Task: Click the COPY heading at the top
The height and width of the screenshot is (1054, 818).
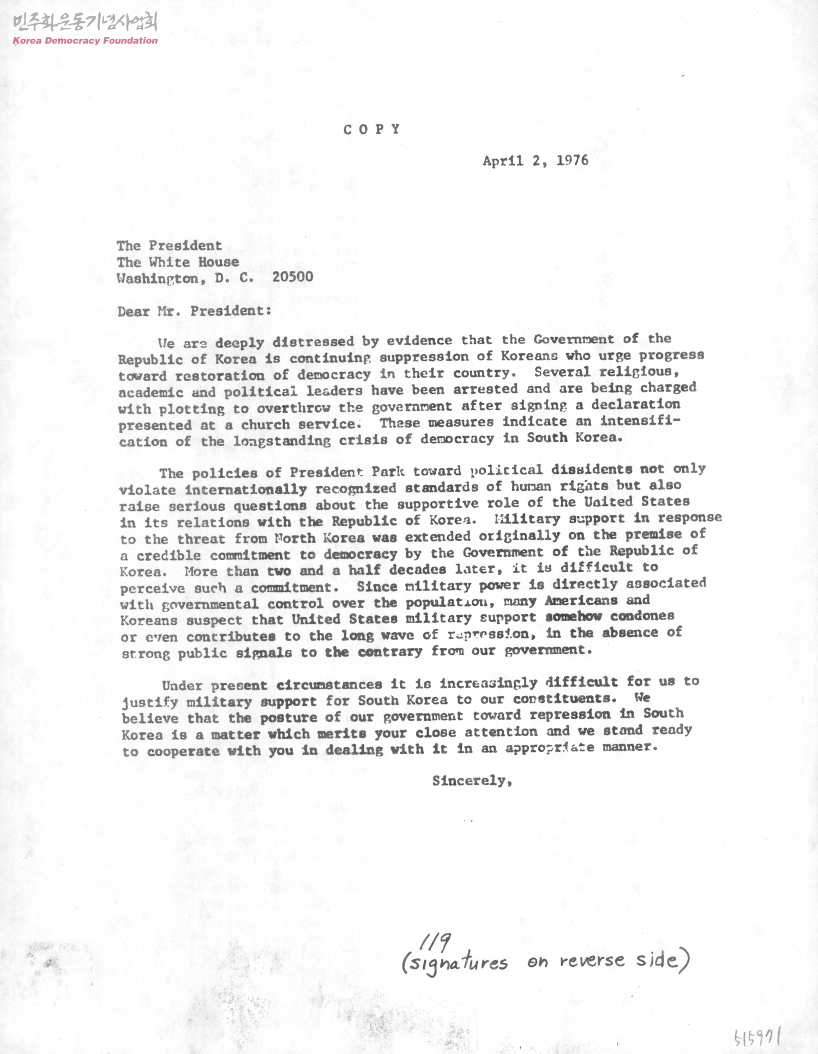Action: pyautogui.click(x=372, y=129)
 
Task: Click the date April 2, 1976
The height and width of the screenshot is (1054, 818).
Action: pyautogui.click(x=535, y=160)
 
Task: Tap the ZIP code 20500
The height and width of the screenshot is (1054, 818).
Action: pyautogui.click(x=293, y=276)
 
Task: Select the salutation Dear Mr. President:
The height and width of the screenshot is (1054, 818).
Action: pyautogui.click(x=194, y=311)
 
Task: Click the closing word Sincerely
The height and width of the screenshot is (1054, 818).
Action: pyautogui.click(x=472, y=781)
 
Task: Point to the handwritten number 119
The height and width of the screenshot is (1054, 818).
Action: pyautogui.click(x=435, y=940)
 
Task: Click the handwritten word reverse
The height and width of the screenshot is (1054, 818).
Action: pyautogui.click(x=592, y=961)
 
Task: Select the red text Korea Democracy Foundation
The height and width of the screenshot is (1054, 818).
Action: pyautogui.click(x=85, y=40)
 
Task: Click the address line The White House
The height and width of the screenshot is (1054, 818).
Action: pyautogui.click(x=177, y=262)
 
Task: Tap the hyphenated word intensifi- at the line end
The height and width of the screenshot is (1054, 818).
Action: pyautogui.click(x=640, y=421)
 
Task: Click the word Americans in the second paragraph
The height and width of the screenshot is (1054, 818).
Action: pyautogui.click(x=581, y=600)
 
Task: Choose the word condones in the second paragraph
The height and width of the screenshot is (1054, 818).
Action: pyautogui.click(x=642, y=616)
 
